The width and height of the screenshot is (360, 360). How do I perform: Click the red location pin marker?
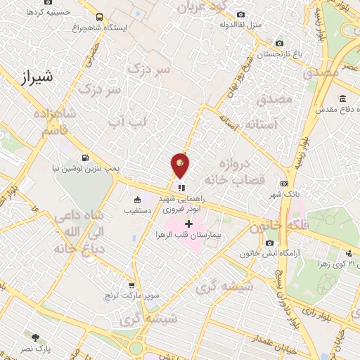tap(180, 167)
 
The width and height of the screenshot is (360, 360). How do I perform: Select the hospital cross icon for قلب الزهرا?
tap(188, 224)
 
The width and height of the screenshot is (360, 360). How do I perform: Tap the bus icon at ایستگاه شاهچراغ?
tap(98, 17)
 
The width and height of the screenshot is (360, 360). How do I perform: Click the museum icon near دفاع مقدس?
tap(342, 98)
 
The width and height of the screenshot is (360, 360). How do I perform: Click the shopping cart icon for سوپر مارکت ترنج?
tap(131, 285)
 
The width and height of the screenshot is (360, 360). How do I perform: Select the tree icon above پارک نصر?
tap(34, 338)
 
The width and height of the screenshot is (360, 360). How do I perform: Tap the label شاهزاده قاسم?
tap(50, 122)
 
